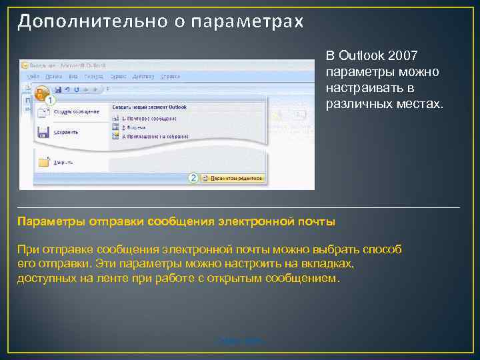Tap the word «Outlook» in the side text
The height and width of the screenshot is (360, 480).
coord(361,54)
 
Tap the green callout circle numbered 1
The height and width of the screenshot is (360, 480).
coord(51,99)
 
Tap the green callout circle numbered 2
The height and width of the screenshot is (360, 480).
coord(193,178)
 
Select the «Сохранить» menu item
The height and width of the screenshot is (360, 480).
coord(66,132)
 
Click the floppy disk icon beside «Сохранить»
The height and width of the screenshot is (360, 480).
coord(43,131)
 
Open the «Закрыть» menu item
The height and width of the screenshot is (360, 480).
coord(65,161)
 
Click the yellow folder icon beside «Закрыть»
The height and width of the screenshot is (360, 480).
coord(44,161)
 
